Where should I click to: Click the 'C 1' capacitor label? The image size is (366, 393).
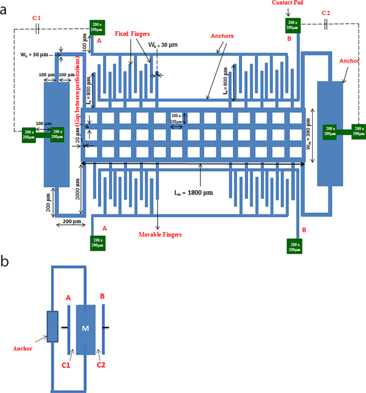36,18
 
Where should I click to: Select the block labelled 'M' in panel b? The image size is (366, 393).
86,328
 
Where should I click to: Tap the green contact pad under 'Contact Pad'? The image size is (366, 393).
292,25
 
